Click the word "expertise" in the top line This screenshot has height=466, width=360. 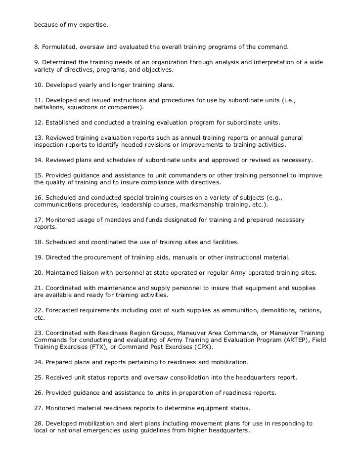pyautogui.click(x=92, y=24)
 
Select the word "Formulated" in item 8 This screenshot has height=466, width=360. pyautogui.click(x=59, y=47)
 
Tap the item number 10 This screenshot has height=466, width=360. pyautogui.click(x=38, y=85)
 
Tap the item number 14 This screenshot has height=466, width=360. pyautogui.click(x=38, y=161)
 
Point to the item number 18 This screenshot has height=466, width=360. pyautogui.click(x=38, y=242)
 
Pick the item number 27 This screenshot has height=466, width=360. pyautogui.click(x=38, y=408)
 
